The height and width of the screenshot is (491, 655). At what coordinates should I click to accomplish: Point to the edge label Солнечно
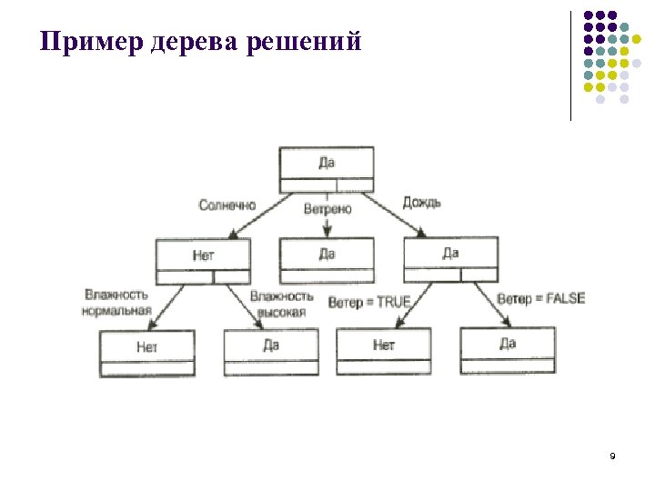point(227,205)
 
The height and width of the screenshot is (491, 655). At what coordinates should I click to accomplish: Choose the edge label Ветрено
point(327,208)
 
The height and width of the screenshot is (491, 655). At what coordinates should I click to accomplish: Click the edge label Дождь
point(421,202)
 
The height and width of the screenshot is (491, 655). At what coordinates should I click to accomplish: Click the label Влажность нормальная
point(117,303)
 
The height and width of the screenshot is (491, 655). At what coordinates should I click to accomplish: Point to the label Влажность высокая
point(282,304)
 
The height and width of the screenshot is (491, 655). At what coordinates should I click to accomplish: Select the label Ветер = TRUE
point(369,301)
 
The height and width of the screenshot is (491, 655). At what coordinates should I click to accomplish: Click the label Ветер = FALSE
point(541,298)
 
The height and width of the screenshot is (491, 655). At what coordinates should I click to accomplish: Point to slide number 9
point(612,455)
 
